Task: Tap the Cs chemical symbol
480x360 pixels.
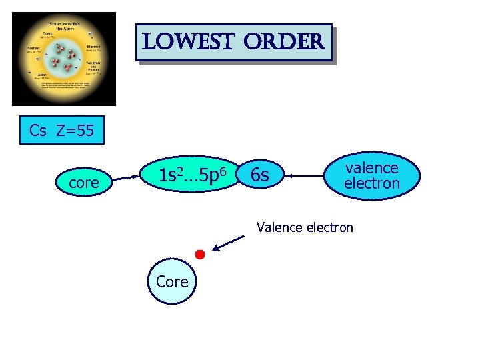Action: point(38,130)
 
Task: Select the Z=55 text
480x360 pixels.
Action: point(75,130)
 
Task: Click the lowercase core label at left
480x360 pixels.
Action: point(84,182)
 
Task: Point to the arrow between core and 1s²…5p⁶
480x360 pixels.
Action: point(128,178)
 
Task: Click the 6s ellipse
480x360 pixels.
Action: point(260,176)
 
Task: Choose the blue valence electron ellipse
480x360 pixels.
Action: point(372,176)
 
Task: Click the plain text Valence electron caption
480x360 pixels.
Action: point(305,227)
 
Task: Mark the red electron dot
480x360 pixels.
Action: point(199,254)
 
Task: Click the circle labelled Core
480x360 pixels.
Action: point(172,281)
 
